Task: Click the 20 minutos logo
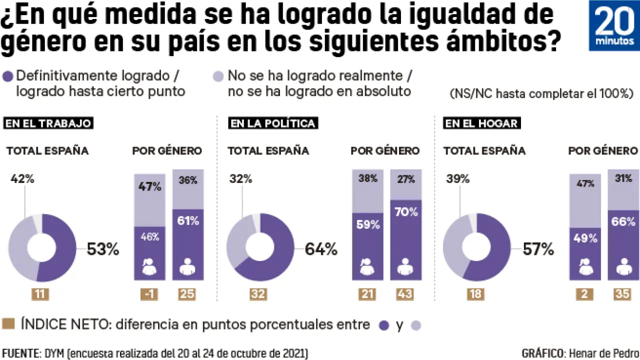[x=614, y=25]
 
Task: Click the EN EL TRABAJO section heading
[x=48, y=123]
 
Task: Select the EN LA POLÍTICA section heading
[x=272, y=123]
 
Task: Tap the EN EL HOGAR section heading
[x=481, y=123]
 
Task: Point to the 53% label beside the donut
[x=103, y=249]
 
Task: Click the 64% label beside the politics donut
[x=321, y=249]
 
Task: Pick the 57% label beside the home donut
[x=538, y=249]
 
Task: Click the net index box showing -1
[x=149, y=294]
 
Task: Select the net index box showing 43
[x=404, y=294]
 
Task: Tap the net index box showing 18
[x=476, y=294]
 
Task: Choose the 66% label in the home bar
[x=622, y=222]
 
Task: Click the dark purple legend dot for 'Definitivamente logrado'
[x=8, y=76]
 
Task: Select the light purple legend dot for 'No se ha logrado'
[x=218, y=76]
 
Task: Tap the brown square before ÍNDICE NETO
[x=8, y=324]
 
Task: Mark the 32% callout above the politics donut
[x=241, y=179]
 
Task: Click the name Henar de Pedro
[x=604, y=353]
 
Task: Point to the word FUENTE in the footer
[x=19, y=353]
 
